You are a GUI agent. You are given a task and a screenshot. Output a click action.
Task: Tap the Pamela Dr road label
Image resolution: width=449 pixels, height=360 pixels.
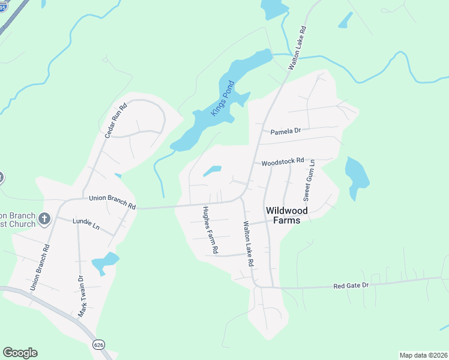tap(285, 131)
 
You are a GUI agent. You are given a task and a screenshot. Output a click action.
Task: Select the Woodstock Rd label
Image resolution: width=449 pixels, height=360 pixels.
tap(283, 161)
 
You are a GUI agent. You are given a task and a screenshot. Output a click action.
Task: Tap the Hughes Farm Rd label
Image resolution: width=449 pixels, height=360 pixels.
tap(209, 229)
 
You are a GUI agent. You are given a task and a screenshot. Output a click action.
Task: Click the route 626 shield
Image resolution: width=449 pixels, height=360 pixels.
tap(99, 344)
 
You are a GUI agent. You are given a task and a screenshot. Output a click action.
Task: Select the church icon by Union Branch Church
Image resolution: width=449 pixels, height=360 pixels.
tap(44, 219)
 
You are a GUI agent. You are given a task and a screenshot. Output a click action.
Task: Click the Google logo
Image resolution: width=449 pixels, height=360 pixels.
tap(20, 353)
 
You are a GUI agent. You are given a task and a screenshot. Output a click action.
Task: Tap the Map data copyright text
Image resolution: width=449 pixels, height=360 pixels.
tap(423, 355)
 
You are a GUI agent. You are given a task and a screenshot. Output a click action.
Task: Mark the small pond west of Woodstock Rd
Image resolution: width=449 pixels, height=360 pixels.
tap(212, 171)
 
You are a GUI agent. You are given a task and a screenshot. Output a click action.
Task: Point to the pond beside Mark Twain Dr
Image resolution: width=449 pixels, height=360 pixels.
tap(104, 262)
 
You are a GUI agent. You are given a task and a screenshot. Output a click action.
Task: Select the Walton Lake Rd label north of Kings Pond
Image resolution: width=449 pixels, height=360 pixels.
tap(297, 48)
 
